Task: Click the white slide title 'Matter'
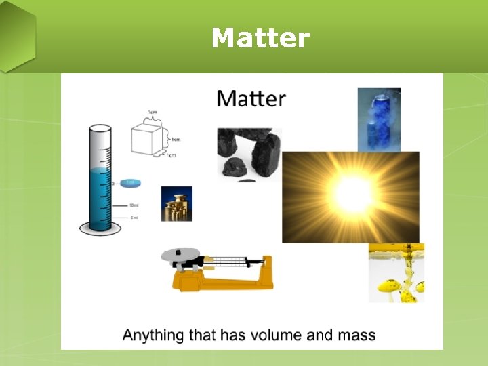point(260,39)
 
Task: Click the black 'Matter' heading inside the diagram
point(251,99)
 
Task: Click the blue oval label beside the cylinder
point(131,182)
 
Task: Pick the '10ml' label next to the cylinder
point(134,204)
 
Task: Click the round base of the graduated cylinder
point(100,228)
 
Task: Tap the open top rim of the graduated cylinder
point(100,128)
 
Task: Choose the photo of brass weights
point(176,203)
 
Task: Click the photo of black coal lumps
point(248,153)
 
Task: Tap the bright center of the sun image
point(350,195)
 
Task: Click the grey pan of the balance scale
point(181,256)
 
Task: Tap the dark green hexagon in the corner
point(15,37)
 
